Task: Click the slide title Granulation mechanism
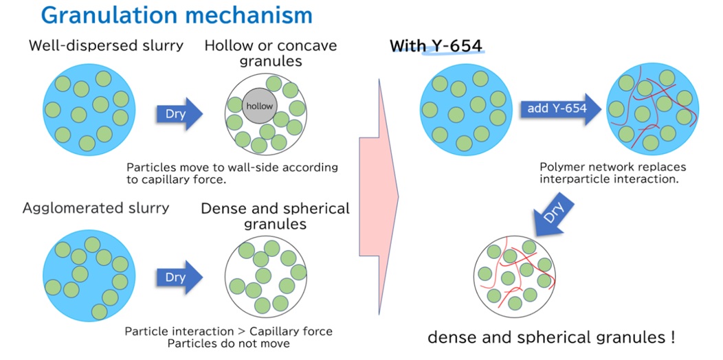click(177, 15)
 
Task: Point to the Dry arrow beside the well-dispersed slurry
click(179, 113)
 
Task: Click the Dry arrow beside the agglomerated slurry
click(179, 278)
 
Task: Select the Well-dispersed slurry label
click(106, 46)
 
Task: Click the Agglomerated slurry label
click(96, 207)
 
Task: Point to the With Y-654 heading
click(436, 46)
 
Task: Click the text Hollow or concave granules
click(271, 53)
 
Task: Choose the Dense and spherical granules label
click(275, 216)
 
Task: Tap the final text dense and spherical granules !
click(551, 337)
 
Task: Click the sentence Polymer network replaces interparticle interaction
click(613, 173)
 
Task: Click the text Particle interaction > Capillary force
click(229, 331)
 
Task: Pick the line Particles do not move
click(229, 343)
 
